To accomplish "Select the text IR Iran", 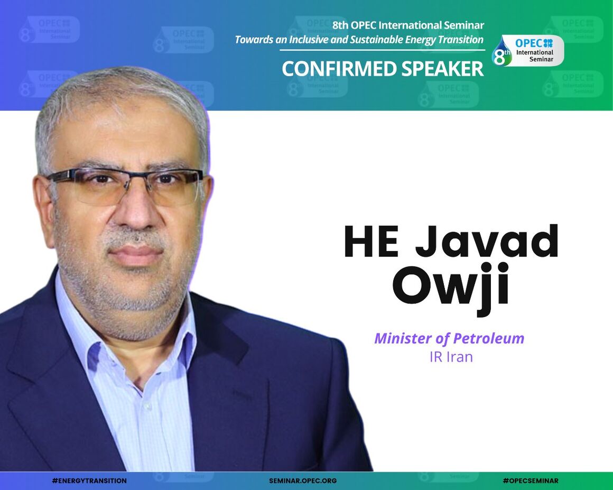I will [451, 357].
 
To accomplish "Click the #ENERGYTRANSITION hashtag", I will [89, 481].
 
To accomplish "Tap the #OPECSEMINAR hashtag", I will [530, 481].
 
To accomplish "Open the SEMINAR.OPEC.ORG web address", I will [303, 481].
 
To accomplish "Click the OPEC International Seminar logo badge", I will [528, 51].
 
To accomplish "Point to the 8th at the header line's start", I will [341, 25].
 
